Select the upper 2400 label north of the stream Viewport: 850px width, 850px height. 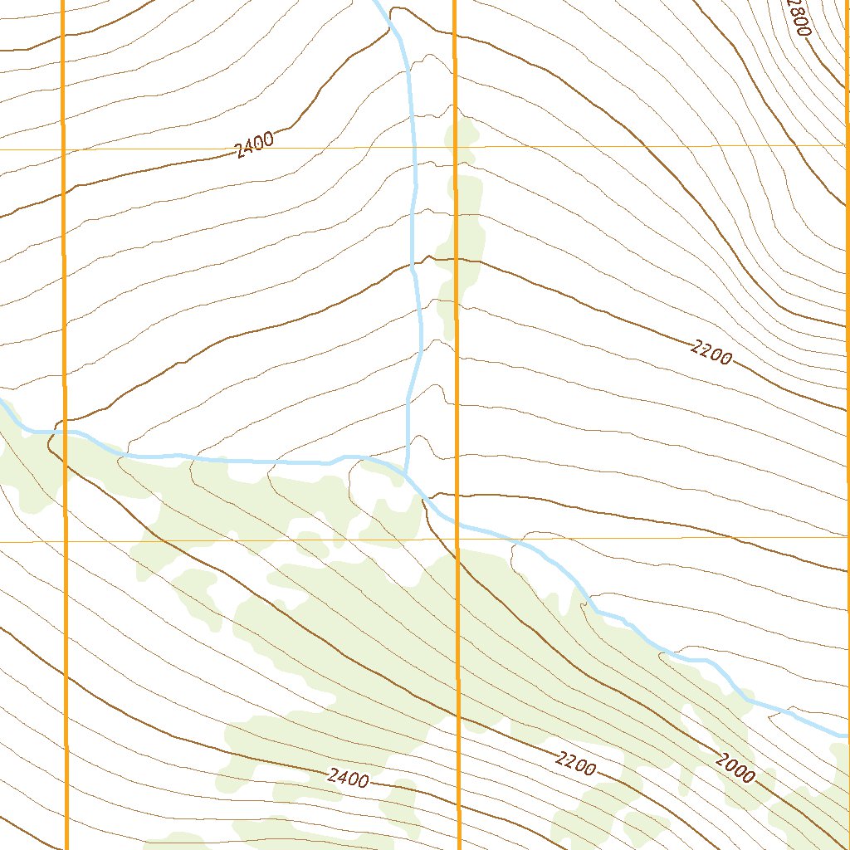point(254,146)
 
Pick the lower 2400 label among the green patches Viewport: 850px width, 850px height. point(348,778)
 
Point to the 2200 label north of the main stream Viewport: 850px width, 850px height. point(711,353)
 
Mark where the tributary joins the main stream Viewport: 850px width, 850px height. point(405,476)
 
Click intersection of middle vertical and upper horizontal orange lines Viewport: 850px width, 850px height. point(456,147)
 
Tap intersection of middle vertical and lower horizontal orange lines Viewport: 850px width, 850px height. point(457,540)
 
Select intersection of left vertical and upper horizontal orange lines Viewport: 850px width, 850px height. point(63,149)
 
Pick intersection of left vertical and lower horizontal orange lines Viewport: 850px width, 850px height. point(64,541)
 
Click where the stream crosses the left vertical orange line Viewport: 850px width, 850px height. point(64,432)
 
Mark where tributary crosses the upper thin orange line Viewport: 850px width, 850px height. point(413,147)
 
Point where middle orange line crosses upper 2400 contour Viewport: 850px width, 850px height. point(455,37)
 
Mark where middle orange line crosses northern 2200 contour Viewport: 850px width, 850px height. point(456,259)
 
